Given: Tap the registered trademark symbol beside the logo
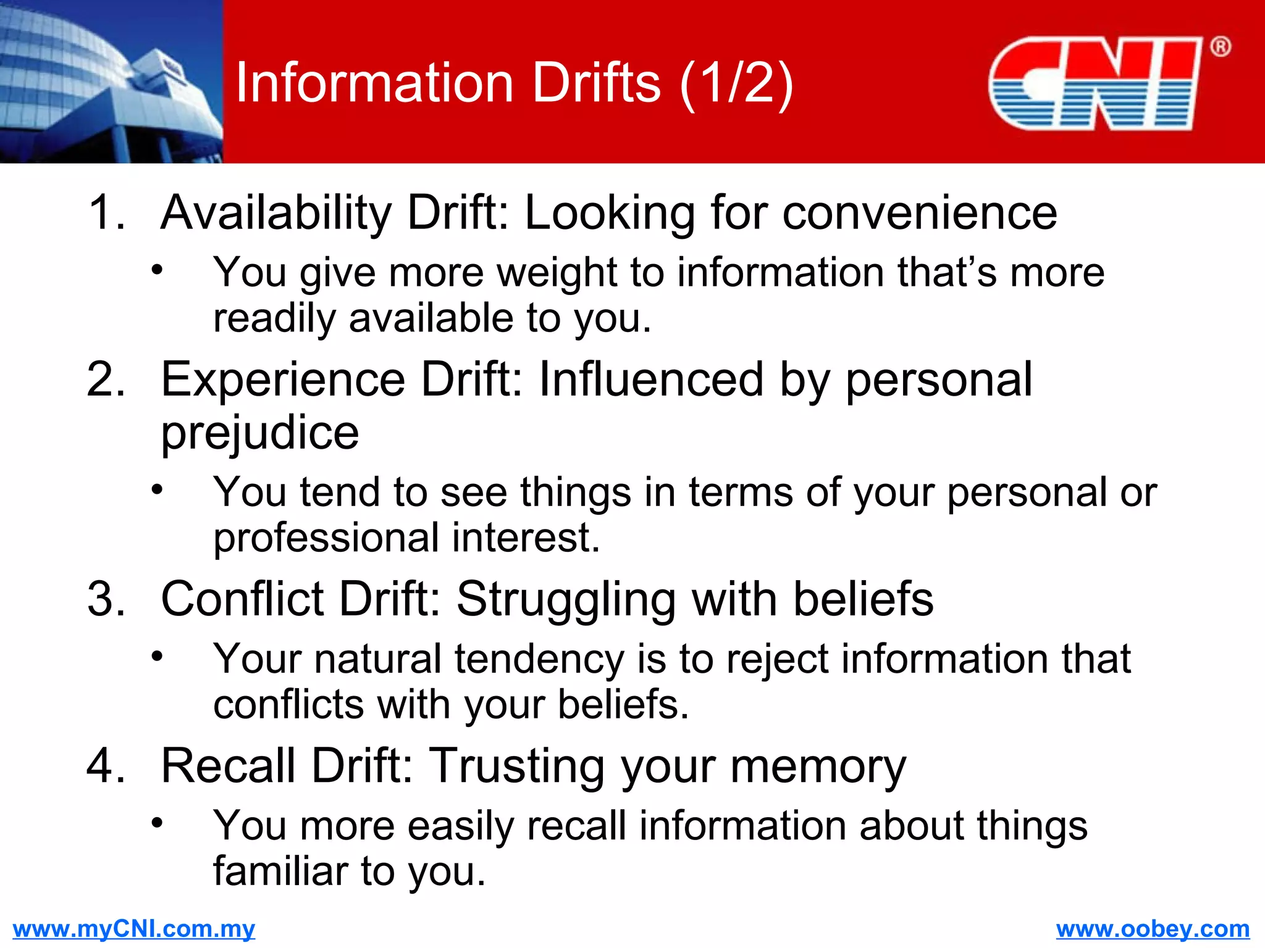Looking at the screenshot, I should (x=1220, y=47).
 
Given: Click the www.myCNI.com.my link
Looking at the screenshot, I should (x=133, y=929).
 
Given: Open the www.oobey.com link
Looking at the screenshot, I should (x=1153, y=929).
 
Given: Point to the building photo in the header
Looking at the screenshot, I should (x=111, y=81).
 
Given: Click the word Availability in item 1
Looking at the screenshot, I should (x=275, y=213).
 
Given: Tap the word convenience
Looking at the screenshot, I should (x=920, y=213).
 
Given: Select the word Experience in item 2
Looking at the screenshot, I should (x=283, y=379).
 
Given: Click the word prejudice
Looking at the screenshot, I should (x=259, y=433).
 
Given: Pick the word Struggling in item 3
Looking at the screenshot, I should (x=566, y=599).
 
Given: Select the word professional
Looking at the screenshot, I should (x=326, y=538).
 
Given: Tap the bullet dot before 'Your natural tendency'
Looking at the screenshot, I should (x=158, y=655).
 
